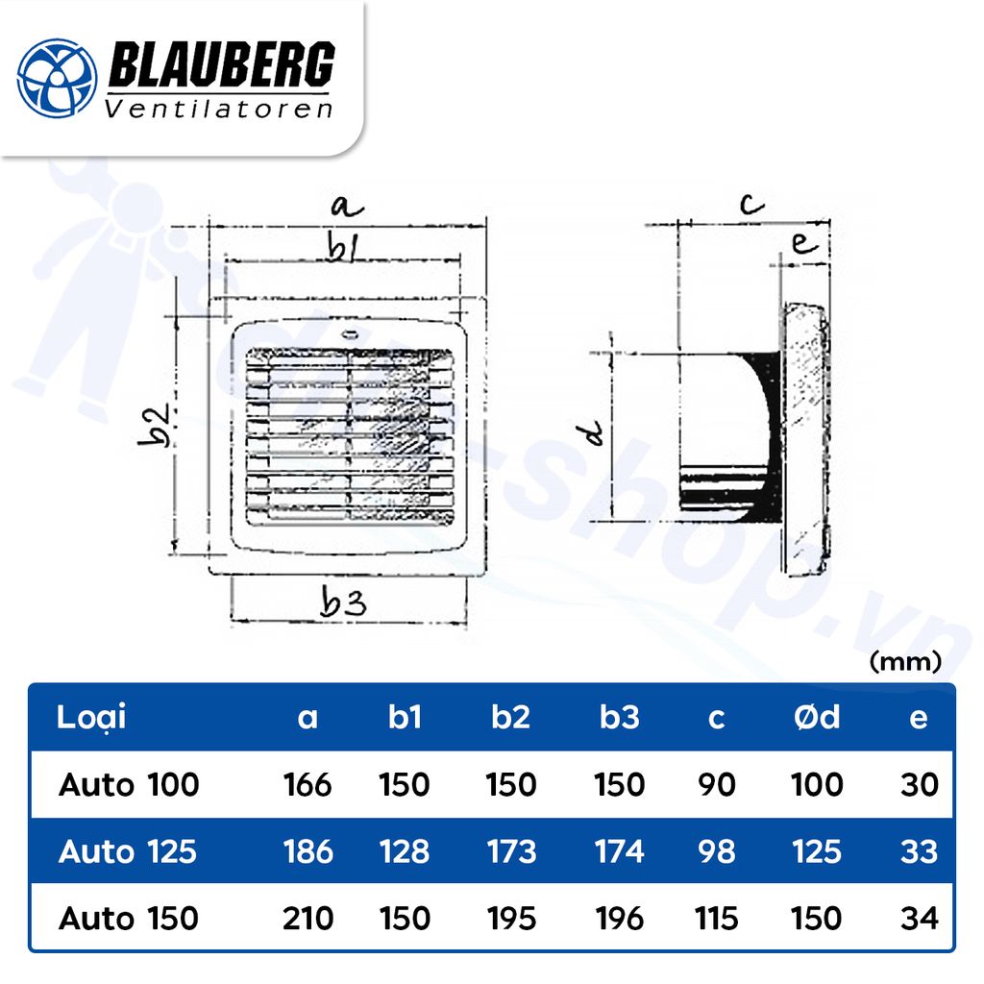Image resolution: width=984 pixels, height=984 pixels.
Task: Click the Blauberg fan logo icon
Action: [x=58, y=77]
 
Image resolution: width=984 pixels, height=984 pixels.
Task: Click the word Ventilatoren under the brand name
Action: [x=218, y=109]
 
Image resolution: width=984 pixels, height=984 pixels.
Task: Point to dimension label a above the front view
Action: [x=345, y=206]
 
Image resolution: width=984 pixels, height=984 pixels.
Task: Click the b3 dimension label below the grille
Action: [x=344, y=604]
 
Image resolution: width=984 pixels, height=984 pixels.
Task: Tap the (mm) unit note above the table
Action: [x=904, y=661]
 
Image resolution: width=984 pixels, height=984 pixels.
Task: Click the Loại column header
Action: [x=91, y=717]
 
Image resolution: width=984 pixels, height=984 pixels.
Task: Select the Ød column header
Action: [x=816, y=718]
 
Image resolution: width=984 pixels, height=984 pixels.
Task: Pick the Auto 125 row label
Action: [x=128, y=851]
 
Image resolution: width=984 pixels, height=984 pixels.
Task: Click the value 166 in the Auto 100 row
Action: [x=307, y=785]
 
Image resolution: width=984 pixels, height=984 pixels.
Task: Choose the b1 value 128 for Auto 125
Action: [x=405, y=851]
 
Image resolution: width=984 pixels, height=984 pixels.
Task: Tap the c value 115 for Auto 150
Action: [x=716, y=918]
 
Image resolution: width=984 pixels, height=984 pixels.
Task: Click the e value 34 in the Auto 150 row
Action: [x=919, y=918]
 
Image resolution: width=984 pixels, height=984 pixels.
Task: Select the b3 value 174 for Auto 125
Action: [x=619, y=851]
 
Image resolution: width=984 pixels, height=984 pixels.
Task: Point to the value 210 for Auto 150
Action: [x=307, y=918]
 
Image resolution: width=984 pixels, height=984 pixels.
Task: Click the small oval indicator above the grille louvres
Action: [x=349, y=335]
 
